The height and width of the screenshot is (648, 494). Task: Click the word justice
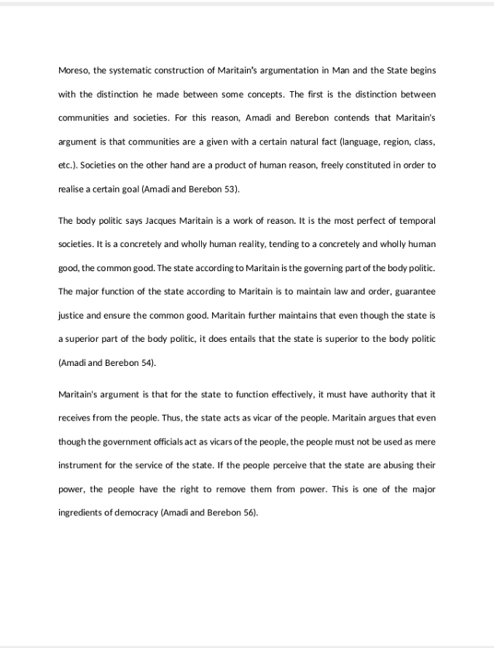(x=71, y=316)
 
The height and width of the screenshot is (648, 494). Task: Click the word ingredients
(x=80, y=512)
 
